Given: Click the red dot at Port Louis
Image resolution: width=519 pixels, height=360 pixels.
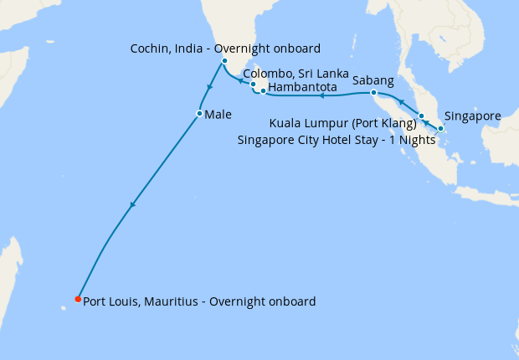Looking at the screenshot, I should point(78,299).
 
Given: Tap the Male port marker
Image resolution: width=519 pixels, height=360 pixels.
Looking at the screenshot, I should point(199,113).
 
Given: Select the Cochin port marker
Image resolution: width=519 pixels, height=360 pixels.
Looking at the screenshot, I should point(224,61).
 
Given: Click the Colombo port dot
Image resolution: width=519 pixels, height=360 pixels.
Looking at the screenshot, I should point(253,85).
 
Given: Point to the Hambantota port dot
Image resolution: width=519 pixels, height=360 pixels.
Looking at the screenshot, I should point(263,90).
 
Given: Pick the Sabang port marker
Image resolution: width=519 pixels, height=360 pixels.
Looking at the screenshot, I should point(373,92).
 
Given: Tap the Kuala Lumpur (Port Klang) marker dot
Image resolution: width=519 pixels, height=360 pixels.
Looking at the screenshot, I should point(422,116).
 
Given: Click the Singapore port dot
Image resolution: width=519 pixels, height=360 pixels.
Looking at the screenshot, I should point(440,129).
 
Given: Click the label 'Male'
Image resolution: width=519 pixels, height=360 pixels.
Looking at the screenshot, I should point(218,114).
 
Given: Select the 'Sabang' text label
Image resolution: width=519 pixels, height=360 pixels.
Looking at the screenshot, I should point(373,80).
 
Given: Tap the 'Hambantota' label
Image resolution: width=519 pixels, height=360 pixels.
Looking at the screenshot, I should point(303,87).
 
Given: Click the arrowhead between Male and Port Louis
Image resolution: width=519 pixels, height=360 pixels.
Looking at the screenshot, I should point(132,205).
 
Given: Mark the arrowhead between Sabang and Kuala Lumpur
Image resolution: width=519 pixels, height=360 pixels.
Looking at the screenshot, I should point(401,102).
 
